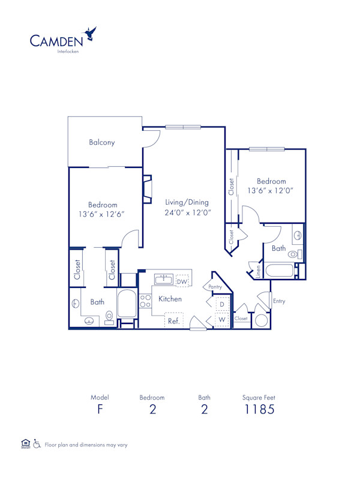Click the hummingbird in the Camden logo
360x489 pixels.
point(91,34)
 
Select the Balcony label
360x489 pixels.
point(102,143)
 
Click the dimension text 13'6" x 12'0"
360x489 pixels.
point(271,191)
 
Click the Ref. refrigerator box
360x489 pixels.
point(174,321)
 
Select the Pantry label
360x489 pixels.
point(215,287)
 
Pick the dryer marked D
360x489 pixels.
point(221,305)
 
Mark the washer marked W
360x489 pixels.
point(221,320)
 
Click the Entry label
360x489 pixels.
point(279,301)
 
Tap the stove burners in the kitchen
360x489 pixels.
point(145,301)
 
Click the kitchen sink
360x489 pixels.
point(164,279)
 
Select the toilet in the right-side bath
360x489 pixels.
point(293,255)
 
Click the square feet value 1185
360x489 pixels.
point(259,410)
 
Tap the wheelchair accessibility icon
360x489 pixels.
point(37,444)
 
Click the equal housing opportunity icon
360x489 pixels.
point(25,444)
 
